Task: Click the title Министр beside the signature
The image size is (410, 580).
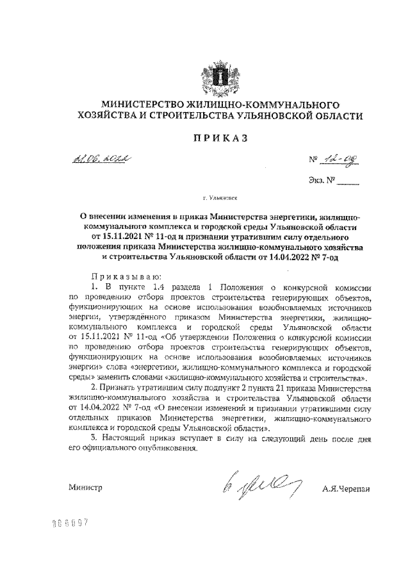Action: pyautogui.click(x=85, y=488)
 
